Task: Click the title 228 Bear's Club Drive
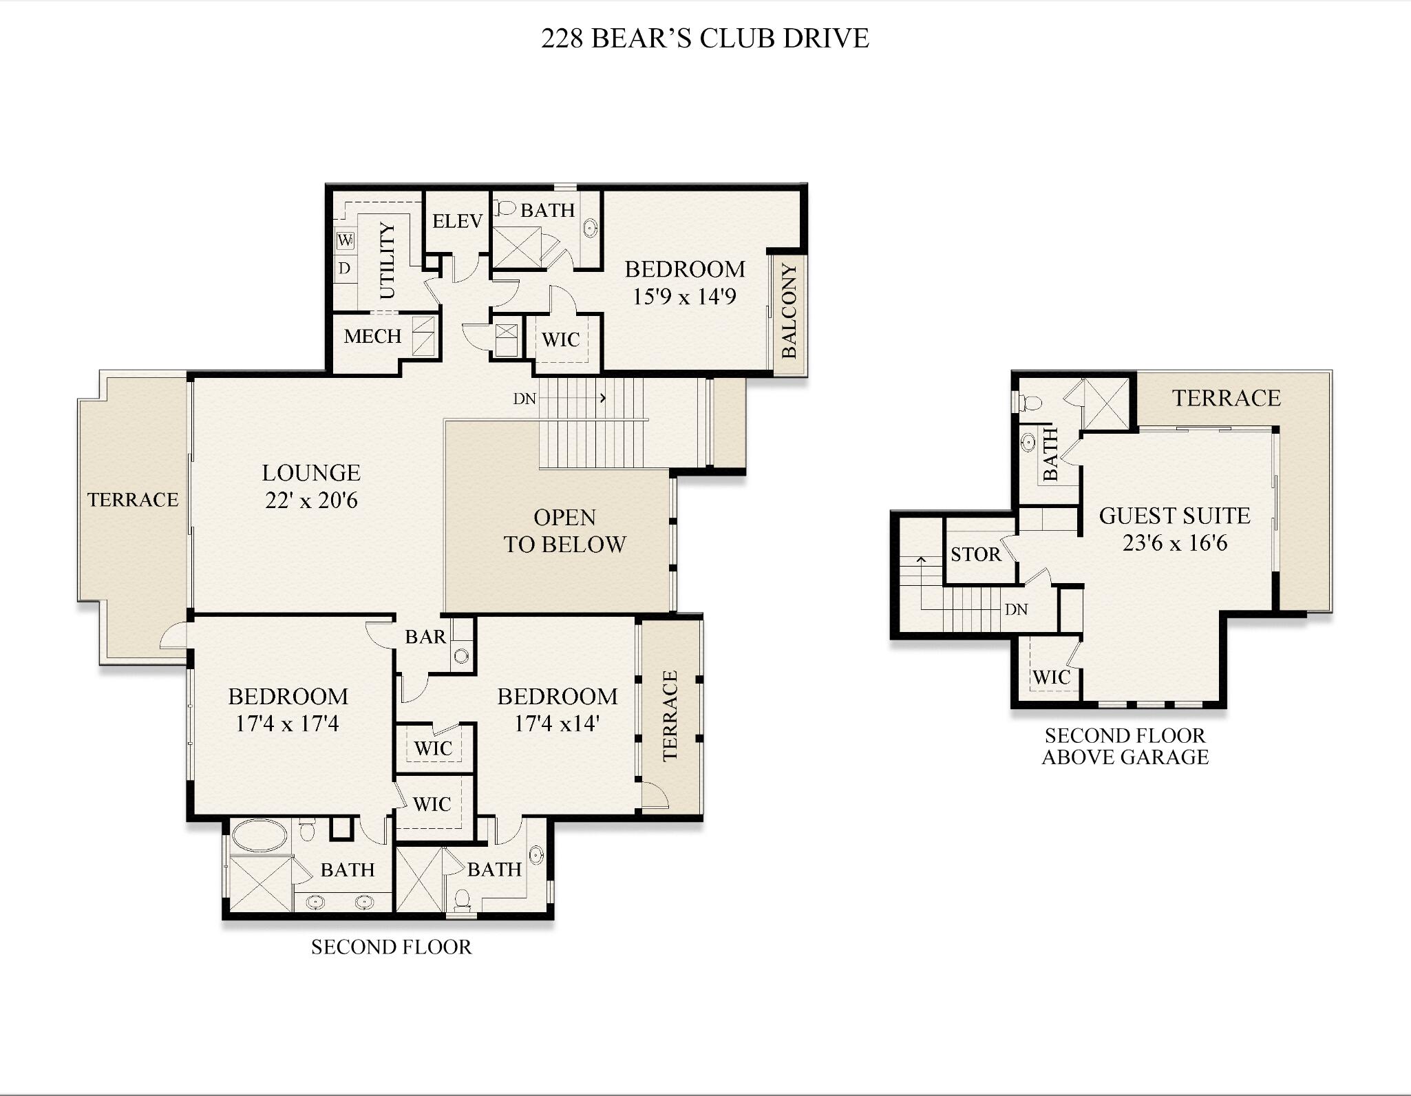point(705,38)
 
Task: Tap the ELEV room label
point(457,221)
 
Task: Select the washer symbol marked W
point(346,240)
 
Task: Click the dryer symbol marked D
point(345,268)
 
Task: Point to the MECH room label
point(372,336)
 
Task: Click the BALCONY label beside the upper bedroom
point(789,311)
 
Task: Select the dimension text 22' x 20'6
point(311,500)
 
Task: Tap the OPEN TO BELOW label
point(564,531)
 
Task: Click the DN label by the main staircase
point(524,399)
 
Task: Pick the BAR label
point(425,637)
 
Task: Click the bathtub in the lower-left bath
point(259,836)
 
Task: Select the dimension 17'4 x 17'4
point(288,724)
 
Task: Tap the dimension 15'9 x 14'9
point(684,297)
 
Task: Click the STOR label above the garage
point(975,554)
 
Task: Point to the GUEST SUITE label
point(1174,516)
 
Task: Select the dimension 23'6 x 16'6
point(1175,543)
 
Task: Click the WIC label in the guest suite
point(1051,677)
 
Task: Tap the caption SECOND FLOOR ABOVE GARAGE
point(1125,746)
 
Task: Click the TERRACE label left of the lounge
point(133,499)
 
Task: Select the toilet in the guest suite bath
point(1030,402)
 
